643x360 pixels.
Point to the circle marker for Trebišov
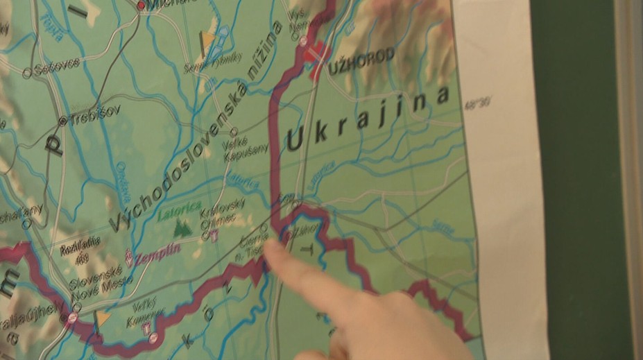[62, 121]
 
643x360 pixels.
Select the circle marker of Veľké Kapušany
[234, 131]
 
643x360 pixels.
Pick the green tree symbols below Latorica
[182, 226]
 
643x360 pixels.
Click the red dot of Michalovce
[142, 6]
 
